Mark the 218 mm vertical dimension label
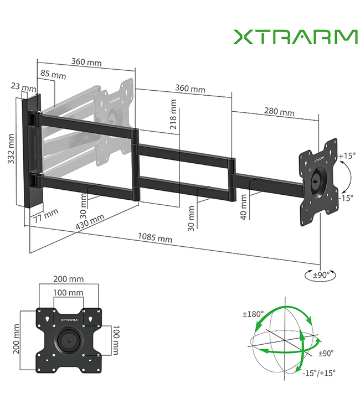click(x=174, y=115)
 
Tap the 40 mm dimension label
click(x=243, y=207)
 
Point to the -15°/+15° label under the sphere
click(x=319, y=372)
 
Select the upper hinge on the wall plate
click(x=37, y=116)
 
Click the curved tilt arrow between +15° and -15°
click(x=347, y=176)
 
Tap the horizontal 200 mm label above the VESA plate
click(x=69, y=279)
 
